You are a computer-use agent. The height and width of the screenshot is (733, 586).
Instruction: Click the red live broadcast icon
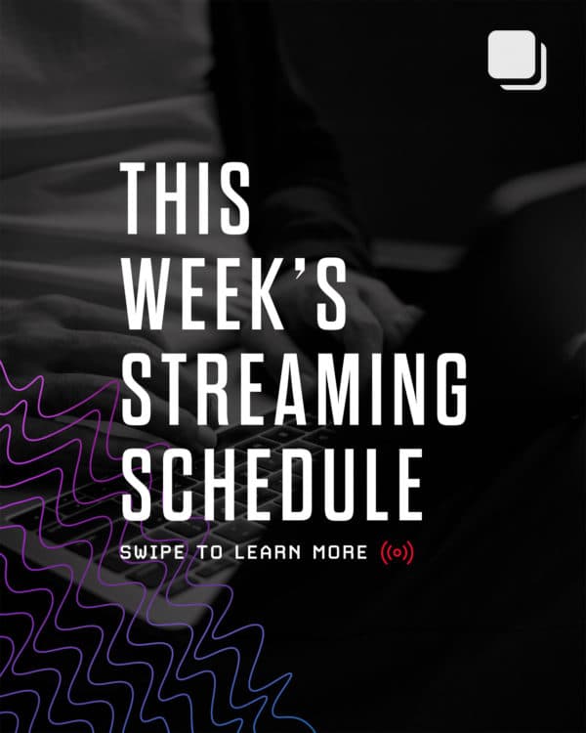[398, 552]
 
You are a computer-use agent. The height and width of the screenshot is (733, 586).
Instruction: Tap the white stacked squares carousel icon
[516, 59]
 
